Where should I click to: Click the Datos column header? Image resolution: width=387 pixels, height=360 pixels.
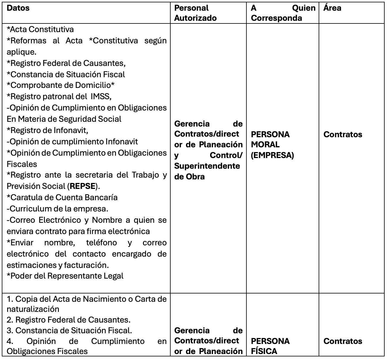coord(18,8)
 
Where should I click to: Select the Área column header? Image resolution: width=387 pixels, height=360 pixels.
coord(332,8)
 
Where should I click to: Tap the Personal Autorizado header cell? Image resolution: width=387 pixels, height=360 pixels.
coord(195,13)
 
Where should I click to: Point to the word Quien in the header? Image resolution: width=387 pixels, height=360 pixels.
coord(304,8)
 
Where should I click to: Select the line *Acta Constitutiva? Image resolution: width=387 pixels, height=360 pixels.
coord(40,29)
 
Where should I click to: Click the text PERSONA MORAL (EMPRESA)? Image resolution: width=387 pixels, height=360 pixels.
coord(272,145)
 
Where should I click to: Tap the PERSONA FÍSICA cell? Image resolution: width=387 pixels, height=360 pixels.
coord(270,346)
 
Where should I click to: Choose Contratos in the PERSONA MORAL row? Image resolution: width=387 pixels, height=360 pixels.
coord(343,135)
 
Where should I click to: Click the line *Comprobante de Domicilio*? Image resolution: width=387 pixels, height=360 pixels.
coord(61,85)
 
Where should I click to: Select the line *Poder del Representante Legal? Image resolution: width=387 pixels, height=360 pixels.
coord(65,276)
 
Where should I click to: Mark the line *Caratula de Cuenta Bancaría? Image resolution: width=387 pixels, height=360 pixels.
coord(62,198)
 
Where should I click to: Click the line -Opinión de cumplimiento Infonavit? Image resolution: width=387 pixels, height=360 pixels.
coord(72,142)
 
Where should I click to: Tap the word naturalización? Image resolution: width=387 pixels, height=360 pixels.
coord(33,309)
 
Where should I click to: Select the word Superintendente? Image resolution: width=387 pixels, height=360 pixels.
coord(207,166)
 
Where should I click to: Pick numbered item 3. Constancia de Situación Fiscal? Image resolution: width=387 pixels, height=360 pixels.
coord(69,330)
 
